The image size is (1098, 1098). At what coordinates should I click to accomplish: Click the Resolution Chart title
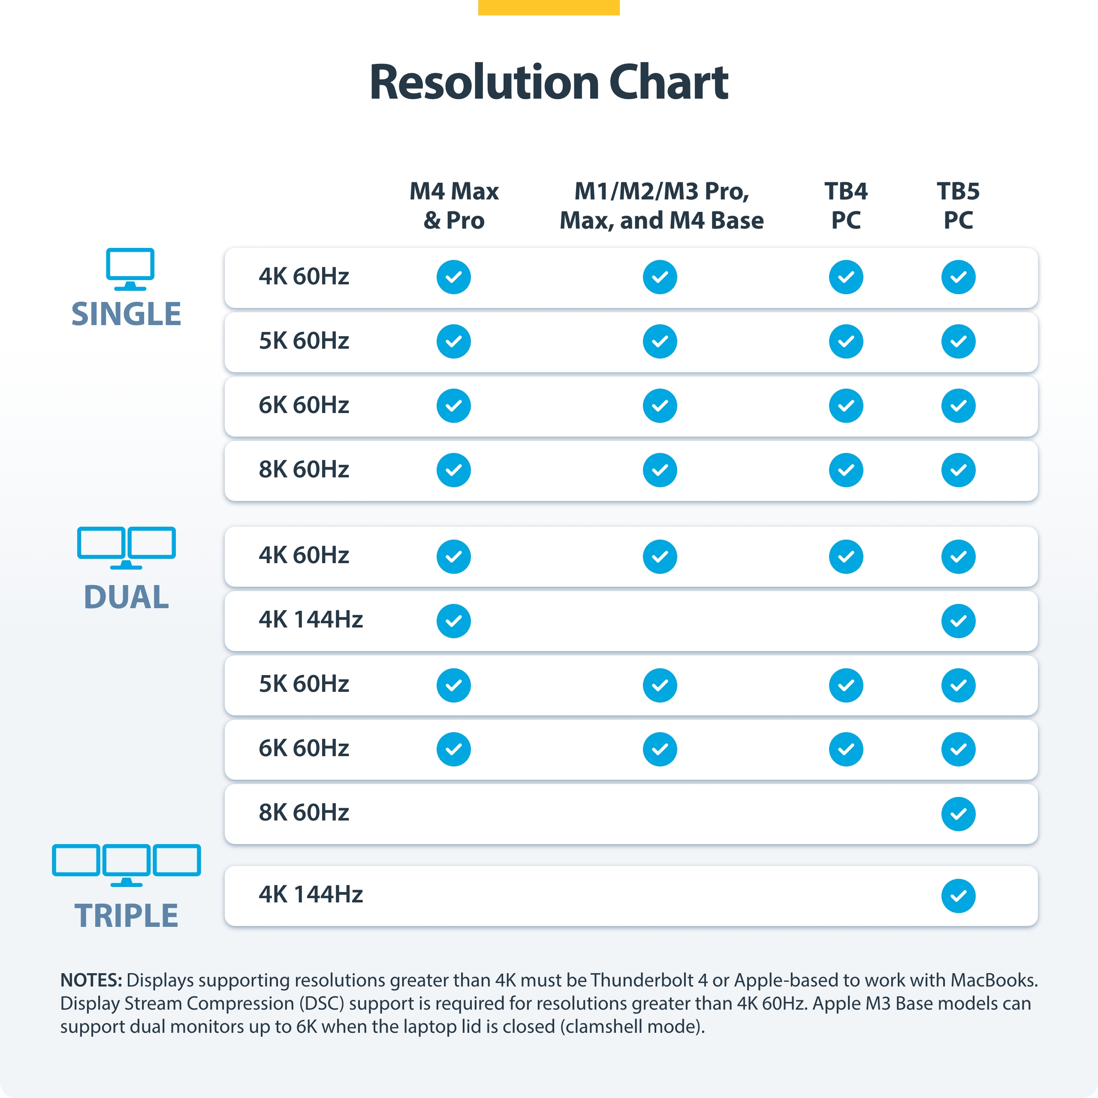tap(549, 82)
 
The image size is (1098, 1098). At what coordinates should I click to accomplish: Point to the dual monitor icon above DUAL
tap(126, 547)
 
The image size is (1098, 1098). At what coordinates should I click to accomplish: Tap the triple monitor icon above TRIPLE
tap(126, 864)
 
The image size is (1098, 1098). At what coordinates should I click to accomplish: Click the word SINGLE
tap(126, 314)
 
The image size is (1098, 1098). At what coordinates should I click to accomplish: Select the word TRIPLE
tap(126, 916)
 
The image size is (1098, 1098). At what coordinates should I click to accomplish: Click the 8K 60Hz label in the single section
tap(304, 469)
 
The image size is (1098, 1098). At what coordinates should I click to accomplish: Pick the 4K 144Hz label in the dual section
tap(310, 619)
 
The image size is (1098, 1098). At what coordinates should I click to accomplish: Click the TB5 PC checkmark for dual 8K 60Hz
tap(958, 814)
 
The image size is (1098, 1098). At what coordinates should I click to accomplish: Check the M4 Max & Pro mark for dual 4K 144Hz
tap(453, 621)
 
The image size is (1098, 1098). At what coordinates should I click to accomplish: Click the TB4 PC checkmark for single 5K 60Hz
tap(846, 341)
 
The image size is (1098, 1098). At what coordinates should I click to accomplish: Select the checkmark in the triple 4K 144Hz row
tap(958, 896)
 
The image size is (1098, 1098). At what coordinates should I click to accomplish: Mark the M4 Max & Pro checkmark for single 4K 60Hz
tap(453, 278)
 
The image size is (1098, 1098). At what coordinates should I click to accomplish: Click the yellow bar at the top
tap(549, 7)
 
